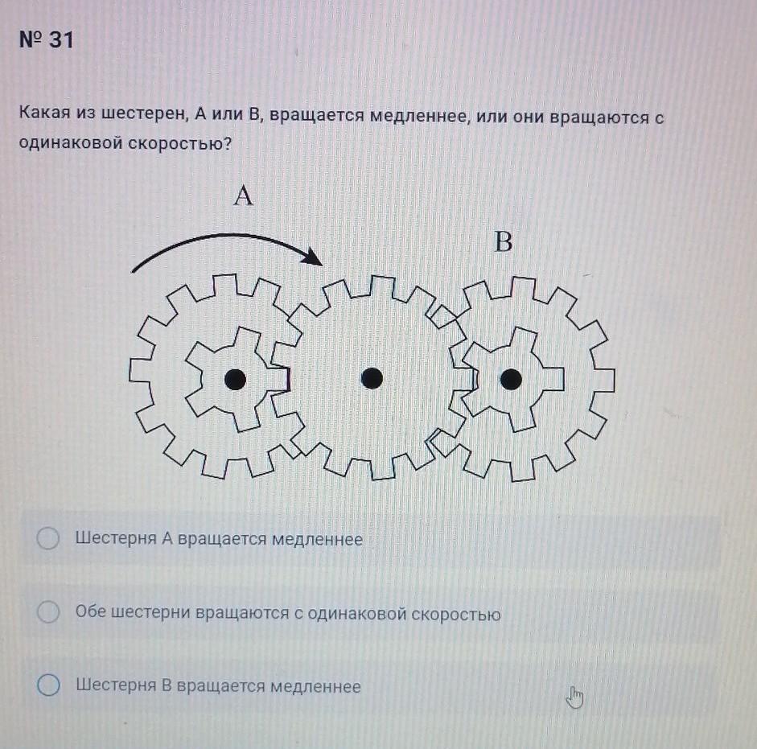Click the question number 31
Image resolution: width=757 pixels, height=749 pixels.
[x=61, y=39]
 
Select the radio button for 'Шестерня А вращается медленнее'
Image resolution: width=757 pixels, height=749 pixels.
[x=48, y=538]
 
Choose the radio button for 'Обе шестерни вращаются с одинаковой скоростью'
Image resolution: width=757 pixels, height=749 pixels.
[x=48, y=611]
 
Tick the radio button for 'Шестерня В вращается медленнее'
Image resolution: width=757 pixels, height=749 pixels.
[x=48, y=685]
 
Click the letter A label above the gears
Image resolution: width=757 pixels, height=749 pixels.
[x=243, y=195]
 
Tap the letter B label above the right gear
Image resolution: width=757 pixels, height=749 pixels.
[x=504, y=241]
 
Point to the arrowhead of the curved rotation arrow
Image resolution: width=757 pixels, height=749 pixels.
[x=313, y=256]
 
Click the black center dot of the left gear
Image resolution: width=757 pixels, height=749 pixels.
[x=235, y=380]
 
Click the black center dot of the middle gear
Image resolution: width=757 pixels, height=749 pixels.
[x=372, y=377]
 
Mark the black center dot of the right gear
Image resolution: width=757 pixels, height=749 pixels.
[x=512, y=379]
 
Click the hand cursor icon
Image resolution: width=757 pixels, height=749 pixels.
[x=574, y=698]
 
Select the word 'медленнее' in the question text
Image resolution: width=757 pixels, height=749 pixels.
[x=420, y=117]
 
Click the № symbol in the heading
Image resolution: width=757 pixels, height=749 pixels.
[x=31, y=39]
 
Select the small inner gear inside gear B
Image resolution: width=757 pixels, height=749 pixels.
[x=512, y=379]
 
